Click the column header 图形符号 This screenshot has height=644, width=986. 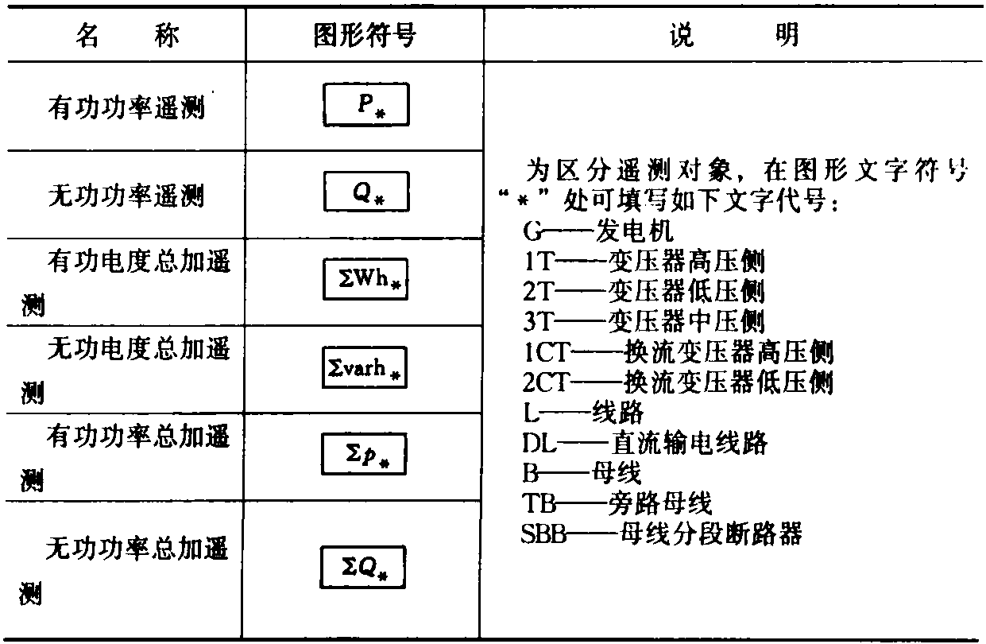click(365, 35)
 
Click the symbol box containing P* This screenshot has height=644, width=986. click(366, 104)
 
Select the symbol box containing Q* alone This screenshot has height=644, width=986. click(366, 192)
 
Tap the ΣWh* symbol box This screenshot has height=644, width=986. click(365, 279)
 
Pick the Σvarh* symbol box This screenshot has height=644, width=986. click(365, 367)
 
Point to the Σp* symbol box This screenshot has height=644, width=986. click(364, 454)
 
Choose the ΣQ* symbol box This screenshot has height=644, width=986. click(363, 567)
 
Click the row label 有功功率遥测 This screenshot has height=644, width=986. click(126, 107)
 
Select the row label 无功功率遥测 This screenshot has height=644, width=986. click(126, 196)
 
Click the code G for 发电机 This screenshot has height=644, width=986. click(532, 231)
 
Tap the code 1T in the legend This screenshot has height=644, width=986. click(538, 262)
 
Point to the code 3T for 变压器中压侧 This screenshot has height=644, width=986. click(537, 321)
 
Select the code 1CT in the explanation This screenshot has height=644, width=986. click(547, 352)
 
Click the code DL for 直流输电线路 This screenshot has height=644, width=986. click(539, 443)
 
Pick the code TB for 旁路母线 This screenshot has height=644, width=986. click(539, 503)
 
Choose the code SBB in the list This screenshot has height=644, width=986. click(543, 533)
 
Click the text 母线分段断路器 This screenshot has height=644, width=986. click(711, 533)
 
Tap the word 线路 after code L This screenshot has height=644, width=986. click(618, 413)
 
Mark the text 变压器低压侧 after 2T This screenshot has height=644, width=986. click(686, 291)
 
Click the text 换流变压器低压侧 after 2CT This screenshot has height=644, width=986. click(729, 382)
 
